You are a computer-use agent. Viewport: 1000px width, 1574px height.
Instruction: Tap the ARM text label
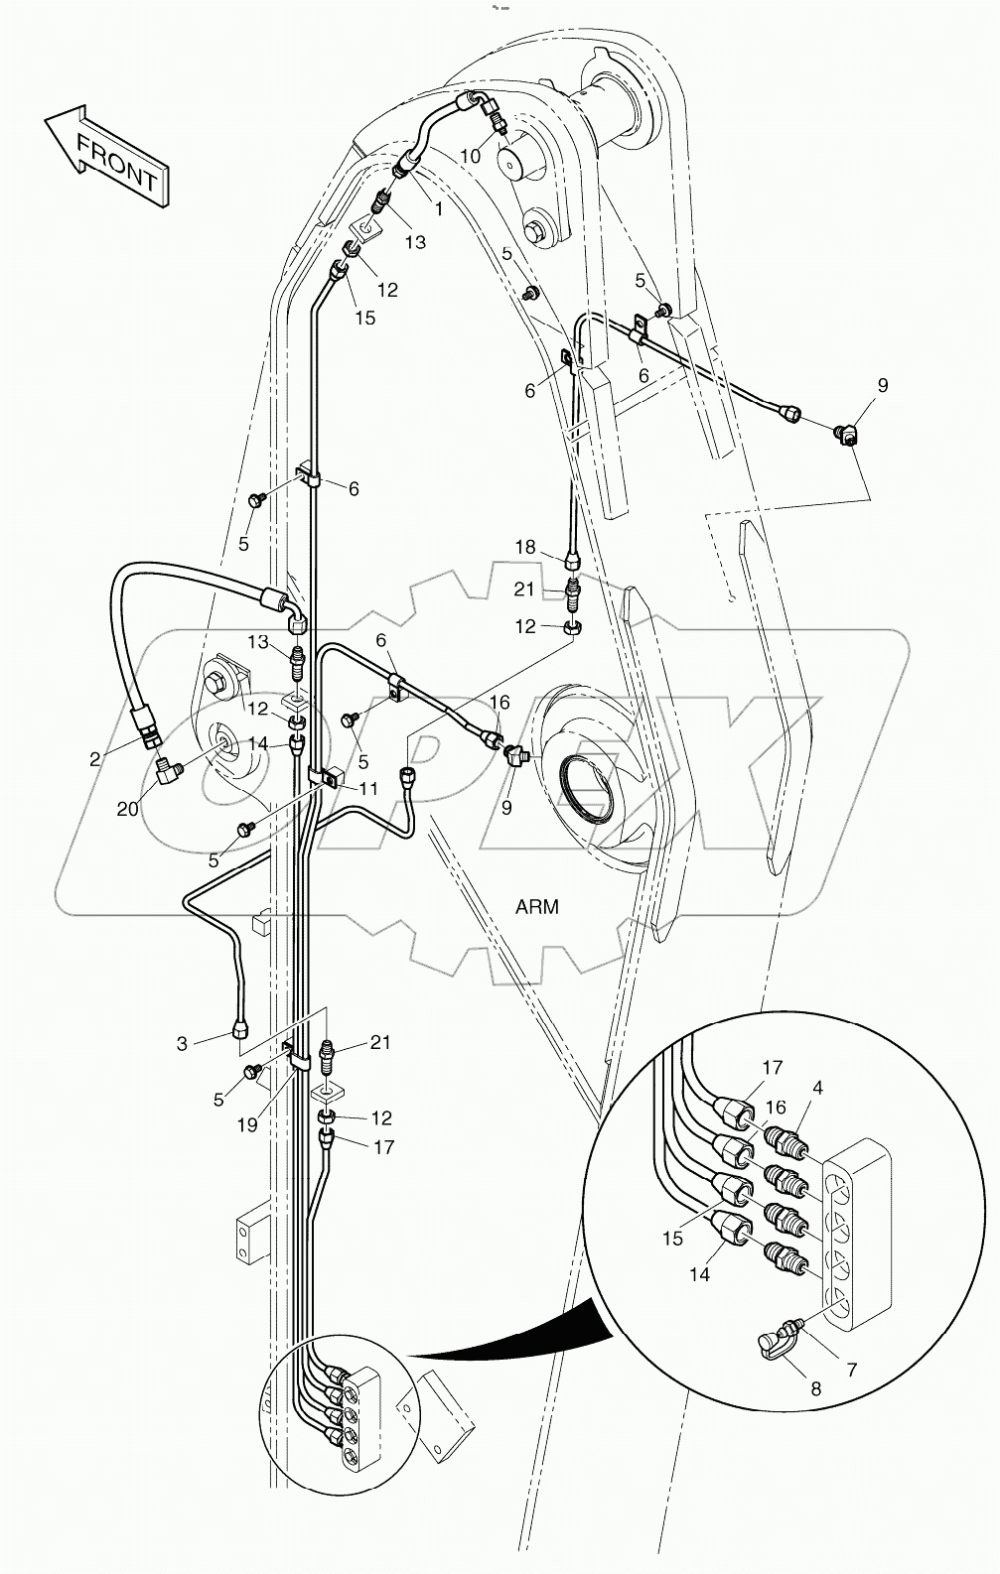pos(537,907)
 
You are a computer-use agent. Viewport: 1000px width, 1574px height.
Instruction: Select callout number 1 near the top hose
pos(439,208)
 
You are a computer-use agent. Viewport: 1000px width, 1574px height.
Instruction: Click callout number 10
pos(471,156)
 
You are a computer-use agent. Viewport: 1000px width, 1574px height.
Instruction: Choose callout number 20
pos(127,809)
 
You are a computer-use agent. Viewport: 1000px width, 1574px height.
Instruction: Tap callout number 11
pos(367,788)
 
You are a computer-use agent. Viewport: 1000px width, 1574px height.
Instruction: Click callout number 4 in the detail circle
pos(817,1088)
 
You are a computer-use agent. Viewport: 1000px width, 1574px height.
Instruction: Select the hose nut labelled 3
pos(241,1030)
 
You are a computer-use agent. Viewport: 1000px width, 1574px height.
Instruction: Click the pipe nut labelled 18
pos(572,563)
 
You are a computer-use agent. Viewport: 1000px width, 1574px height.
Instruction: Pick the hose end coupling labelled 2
pos(146,725)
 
